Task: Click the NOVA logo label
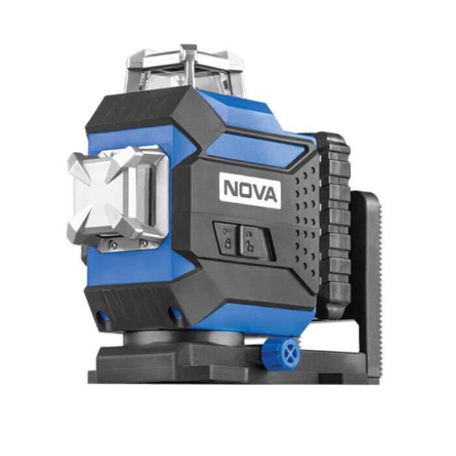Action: coord(249,190)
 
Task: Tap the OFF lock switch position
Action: coord(227,238)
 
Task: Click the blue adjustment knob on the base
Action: coord(280,354)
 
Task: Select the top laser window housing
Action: coord(185,70)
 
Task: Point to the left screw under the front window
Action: coord(113,244)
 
